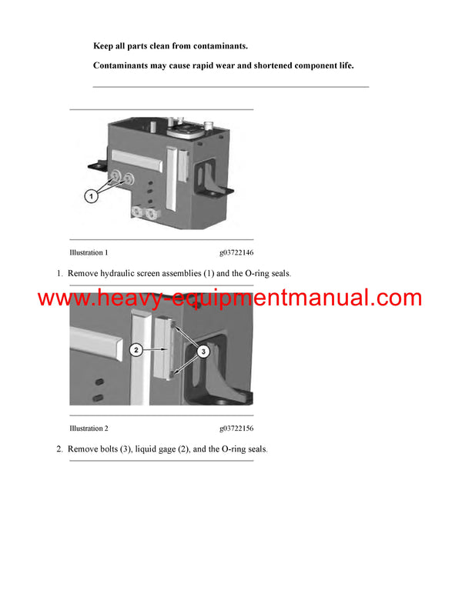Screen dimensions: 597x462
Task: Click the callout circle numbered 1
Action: [91, 197]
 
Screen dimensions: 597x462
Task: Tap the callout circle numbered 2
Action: [136, 350]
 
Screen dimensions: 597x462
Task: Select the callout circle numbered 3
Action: [204, 352]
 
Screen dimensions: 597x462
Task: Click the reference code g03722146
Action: [236, 252]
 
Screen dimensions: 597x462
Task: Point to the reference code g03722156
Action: [236, 428]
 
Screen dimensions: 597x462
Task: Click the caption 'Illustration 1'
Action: [89, 252]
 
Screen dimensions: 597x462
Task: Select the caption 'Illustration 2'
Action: [89, 428]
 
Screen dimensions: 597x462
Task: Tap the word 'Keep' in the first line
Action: [104, 47]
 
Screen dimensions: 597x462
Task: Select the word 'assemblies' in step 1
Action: [196, 273]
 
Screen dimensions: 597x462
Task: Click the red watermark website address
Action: [229, 298]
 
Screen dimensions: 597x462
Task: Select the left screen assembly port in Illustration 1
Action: [115, 179]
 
